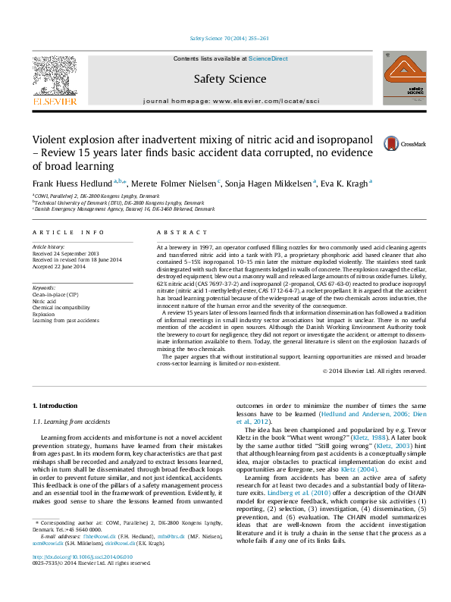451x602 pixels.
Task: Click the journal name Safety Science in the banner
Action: (225, 78)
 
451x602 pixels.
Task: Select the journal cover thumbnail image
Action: (402, 83)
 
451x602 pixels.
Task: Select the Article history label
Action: (49, 247)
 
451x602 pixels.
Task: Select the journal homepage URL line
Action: (225, 100)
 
